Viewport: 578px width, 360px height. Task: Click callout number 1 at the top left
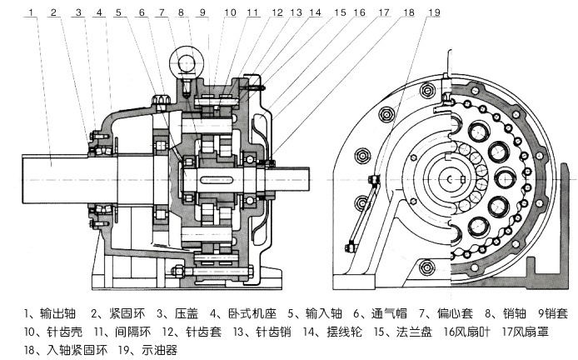tap(30, 12)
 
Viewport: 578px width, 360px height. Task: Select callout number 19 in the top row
tap(435, 12)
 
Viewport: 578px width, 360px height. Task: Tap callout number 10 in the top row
tap(231, 12)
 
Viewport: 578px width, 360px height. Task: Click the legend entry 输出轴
tap(52, 314)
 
